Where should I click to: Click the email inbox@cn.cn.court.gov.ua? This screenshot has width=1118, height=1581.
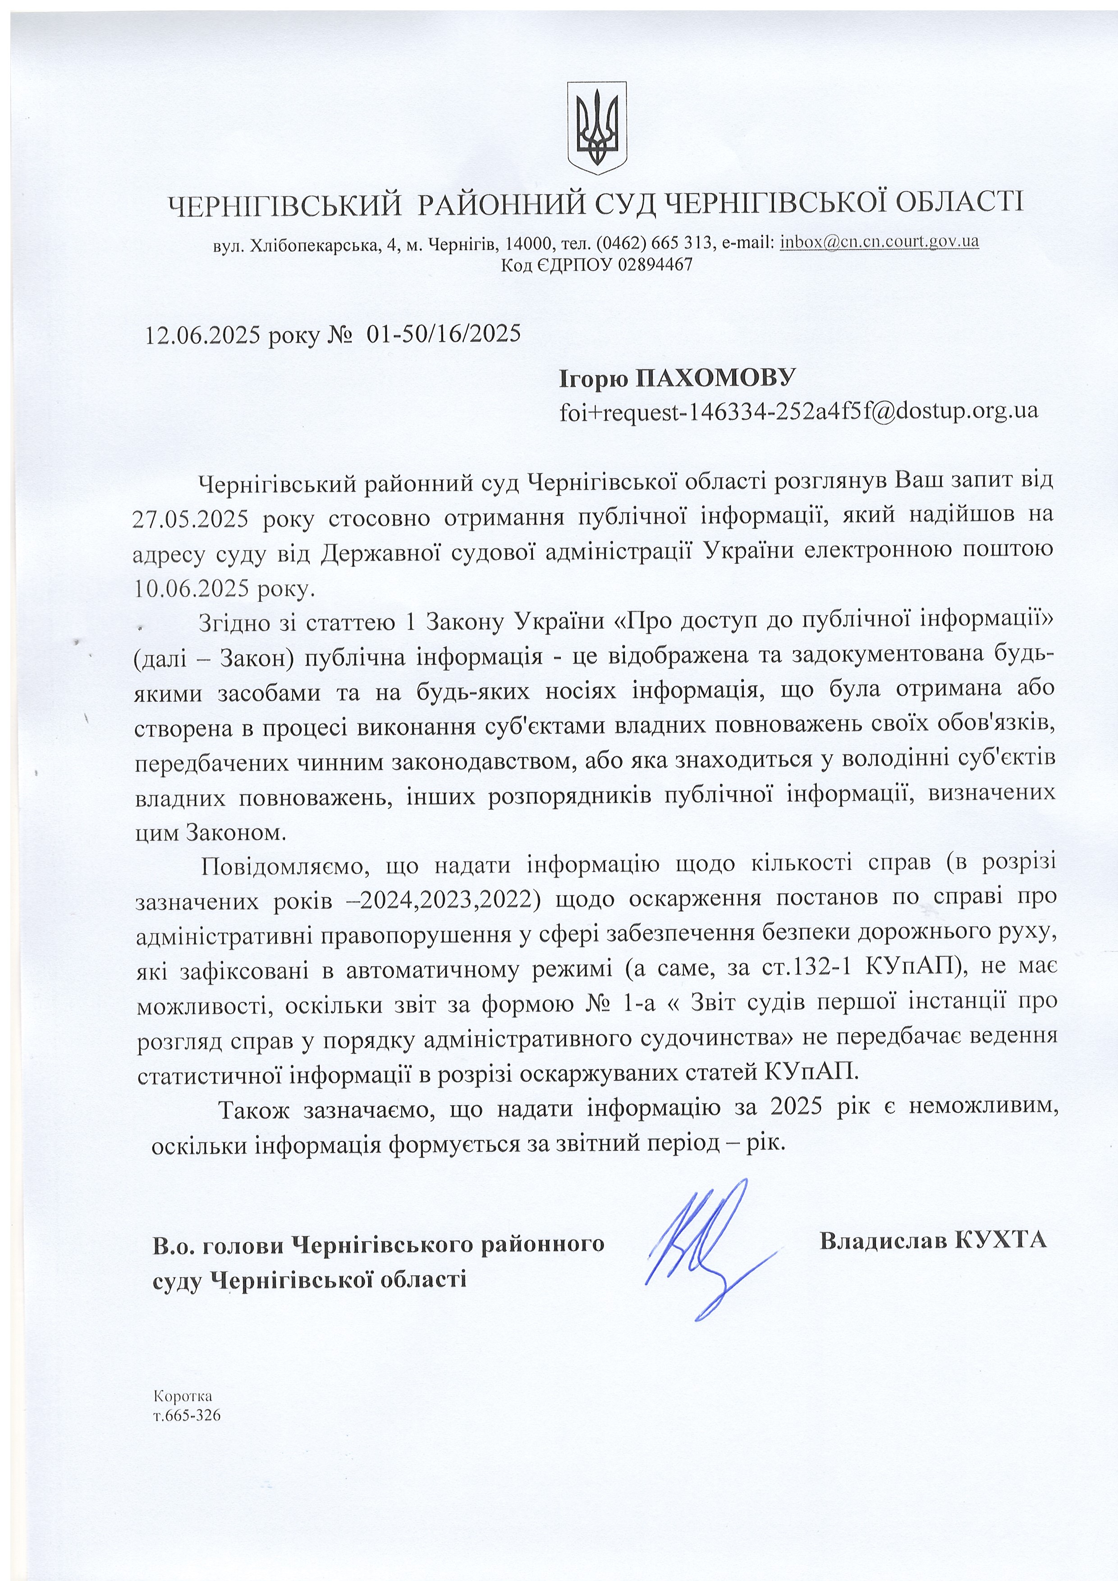879,242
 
